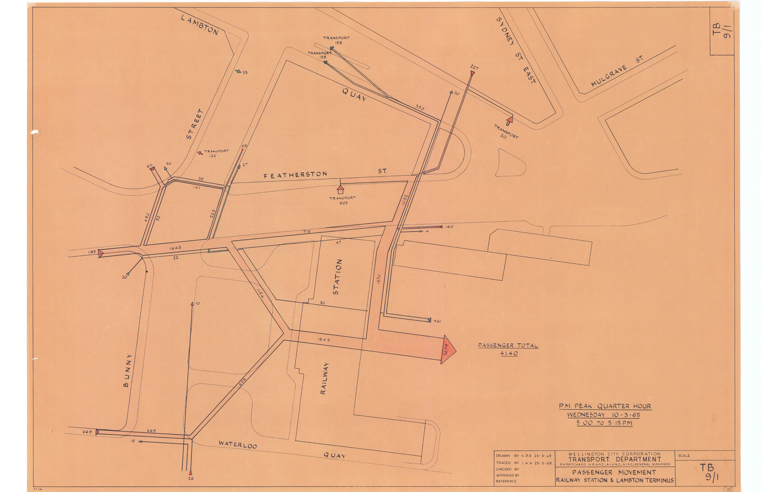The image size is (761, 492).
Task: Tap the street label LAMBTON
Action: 199,25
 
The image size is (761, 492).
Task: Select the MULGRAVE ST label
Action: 616,71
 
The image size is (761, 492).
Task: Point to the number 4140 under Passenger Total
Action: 508,354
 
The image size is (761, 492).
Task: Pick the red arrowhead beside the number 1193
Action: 101,253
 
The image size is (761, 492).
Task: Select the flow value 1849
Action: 324,339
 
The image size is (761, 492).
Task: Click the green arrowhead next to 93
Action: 239,71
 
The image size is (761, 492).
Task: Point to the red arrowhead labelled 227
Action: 472,73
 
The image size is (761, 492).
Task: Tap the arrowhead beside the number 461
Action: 429,320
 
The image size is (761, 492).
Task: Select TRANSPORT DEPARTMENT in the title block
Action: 615,459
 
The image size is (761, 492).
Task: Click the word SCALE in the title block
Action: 684,455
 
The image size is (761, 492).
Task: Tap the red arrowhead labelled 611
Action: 152,169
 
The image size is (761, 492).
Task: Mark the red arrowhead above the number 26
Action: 190,472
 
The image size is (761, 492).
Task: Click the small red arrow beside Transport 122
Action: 199,153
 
